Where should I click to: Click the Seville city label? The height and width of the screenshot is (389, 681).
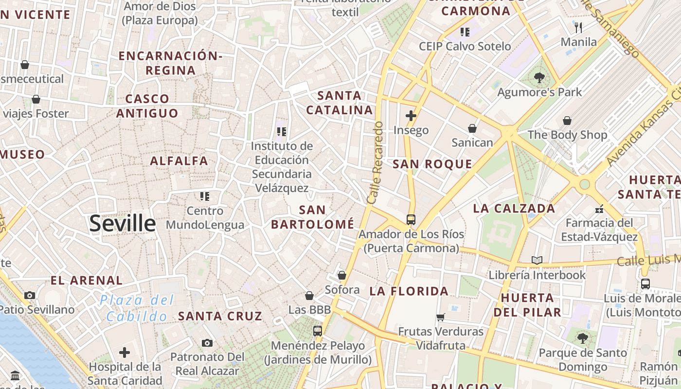pyautogui.click(x=123, y=223)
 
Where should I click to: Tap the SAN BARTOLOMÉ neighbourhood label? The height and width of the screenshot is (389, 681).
pyautogui.click(x=312, y=217)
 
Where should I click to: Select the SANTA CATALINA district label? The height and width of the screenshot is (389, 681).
pyautogui.click(x=340, y=103)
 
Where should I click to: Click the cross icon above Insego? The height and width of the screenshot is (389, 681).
pyautogui.click(x=411, y=115)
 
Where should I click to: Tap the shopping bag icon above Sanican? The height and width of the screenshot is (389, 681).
pyautogui.click(x=472, y=128)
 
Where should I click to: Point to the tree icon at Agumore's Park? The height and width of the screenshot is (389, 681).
pyautogui.click(x=539, y=77)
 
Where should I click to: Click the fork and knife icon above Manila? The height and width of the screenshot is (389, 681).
pyautogui.click(x=578, y=27)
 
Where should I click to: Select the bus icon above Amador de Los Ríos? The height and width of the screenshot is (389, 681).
pyautogui.click(x=411, y=219)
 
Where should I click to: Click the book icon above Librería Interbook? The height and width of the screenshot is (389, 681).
pyautogui.click(x=537, y=261)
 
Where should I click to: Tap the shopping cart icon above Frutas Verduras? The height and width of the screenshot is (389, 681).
pyautogui.click(x=441, y=317)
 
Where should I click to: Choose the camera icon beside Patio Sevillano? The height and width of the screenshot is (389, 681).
pyautogui.click(x=30, y=295)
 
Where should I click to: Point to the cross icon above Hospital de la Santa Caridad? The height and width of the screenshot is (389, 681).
pyautogui.click(x=125, y=352)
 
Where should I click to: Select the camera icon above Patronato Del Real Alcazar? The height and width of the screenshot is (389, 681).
pyautogui.click(x=207, y=343)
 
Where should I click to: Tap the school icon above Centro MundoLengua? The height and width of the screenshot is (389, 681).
pyautogui.click(x=205, y=196)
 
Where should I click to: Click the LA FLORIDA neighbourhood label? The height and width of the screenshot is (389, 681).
pyautogui.click(x=409, y=291)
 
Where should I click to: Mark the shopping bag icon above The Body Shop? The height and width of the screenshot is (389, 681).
pyautogui.click(x=567, y=121)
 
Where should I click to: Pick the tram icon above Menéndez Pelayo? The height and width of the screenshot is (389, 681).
pyautogui.click(x=318, y=331)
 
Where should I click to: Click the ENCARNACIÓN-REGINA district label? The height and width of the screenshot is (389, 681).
pyautogui.click(x=170, y=63)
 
